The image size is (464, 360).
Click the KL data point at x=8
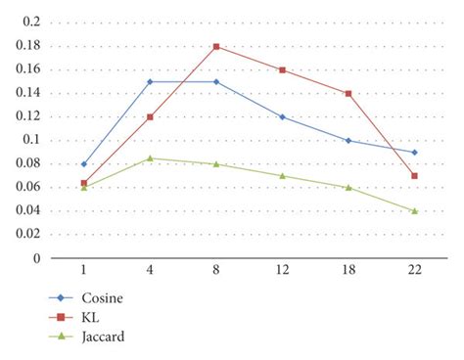(215, 46)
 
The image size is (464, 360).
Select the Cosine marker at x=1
(83, 164)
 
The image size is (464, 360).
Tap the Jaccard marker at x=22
(415, 210)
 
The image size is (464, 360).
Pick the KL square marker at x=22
(415, 176)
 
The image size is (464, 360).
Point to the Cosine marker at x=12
(282, 116)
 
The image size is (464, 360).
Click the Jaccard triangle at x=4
(150, 157)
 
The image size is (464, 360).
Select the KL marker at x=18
(348, 93)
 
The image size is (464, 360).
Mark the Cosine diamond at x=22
(415, 152)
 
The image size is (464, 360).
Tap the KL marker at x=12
(282, 69)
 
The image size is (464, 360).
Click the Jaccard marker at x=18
(348, 187)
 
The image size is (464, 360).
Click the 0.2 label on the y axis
(31, 22)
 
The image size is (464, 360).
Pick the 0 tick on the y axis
(37, 258)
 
